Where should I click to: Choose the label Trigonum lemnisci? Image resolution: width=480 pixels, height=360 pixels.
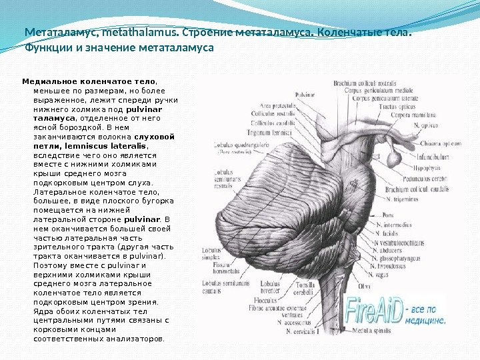tap(277, 133)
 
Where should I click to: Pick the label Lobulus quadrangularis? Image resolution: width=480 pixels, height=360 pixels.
tap(233, 144)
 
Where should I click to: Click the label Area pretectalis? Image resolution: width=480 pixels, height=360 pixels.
tap(278, 105)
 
